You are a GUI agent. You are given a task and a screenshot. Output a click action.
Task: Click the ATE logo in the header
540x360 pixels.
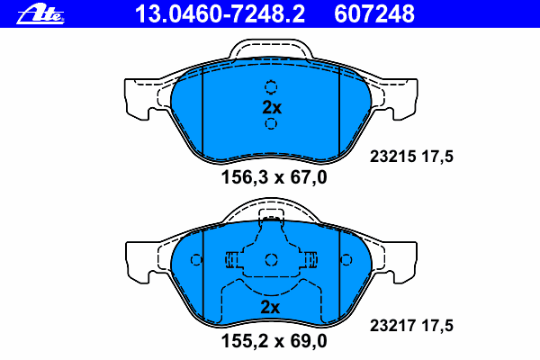pyautogui.click(x=40, y=14)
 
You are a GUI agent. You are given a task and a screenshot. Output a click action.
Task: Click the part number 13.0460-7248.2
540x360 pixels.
pyautogui.click(x=220, y=14)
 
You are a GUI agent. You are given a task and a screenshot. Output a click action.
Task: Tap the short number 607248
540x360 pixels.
pyautogui.click(x=374, y=14)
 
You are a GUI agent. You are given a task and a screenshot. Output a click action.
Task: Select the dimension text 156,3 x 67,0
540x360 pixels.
pyautogui.click(x=274, y=178)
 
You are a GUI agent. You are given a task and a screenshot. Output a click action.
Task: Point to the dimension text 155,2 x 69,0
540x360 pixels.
pyautogui.click(x=274, y=341)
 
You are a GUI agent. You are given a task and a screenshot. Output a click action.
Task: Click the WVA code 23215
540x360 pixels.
pyautogui.click(x=393, y=157)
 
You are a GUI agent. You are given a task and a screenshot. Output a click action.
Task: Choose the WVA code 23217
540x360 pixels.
pyautogui.click(x=393, y=326)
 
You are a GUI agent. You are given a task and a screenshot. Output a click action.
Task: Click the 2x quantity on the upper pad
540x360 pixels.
pyautogui.click(x=272, y=108)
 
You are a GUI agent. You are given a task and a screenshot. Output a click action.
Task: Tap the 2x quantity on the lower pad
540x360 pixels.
pyautogui.click(x=270, y=307)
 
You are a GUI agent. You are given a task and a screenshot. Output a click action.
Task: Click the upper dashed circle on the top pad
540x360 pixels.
pyautogui.click(x=271, y=87)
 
